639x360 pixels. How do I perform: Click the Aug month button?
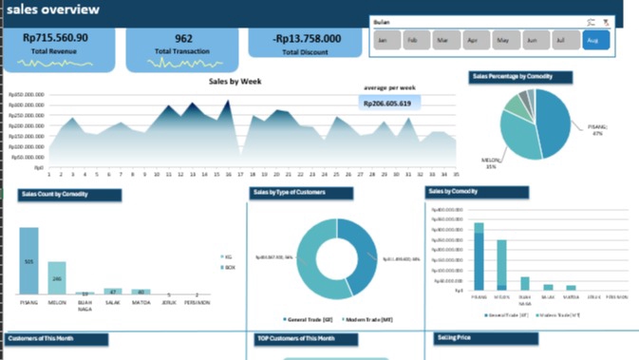(594, 41)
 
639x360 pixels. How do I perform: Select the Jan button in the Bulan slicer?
(383, 41)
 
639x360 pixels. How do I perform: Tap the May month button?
(503, 41)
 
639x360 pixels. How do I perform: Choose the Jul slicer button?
(563, 41)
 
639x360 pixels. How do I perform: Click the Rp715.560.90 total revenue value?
(55, 38)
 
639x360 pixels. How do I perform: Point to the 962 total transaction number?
(183, 39)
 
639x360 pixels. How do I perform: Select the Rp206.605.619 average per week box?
(387, 104)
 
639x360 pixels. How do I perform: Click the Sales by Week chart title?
(235, 82)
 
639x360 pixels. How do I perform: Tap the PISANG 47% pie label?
(596, 129)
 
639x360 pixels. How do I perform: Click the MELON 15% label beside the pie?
(490, 163)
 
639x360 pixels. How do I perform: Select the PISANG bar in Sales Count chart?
(29, 261)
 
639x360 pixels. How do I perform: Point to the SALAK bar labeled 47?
(113, 292)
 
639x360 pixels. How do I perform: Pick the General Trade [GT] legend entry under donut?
(309, 320)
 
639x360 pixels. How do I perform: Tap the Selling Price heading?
(454, 337)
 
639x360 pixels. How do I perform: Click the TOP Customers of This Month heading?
(295, 338)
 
